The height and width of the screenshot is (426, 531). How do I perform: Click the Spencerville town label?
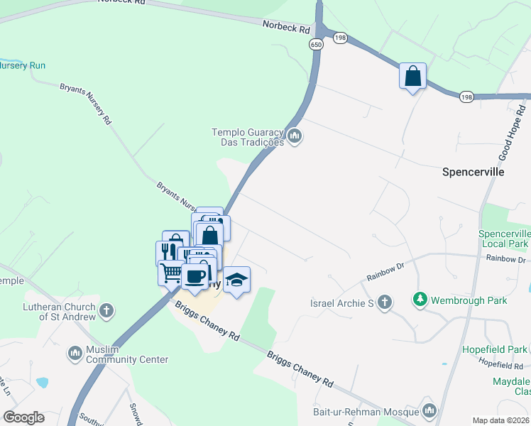[x=473, y=172]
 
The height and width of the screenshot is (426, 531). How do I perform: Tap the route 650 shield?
[x=314, y=45]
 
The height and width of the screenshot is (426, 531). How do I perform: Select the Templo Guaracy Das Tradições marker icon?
[x=295, y=135]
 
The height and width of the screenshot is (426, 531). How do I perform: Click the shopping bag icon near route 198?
[x=412, y=75]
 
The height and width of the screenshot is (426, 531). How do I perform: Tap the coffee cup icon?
[x=195, y=275]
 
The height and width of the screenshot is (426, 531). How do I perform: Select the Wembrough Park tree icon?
[x=420, y=300]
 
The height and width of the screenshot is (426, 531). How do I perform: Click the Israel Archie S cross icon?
[x=385, y=303]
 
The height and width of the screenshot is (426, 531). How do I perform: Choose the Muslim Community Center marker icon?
[x=76, y=353]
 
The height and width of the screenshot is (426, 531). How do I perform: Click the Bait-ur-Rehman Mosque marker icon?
[x=429, y=411]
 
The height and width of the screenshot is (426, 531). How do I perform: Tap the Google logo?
[x=23, y=417]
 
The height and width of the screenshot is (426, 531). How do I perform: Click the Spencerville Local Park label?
[x=504, y=239]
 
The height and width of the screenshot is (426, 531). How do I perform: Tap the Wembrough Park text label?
[x=469, y=300]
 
